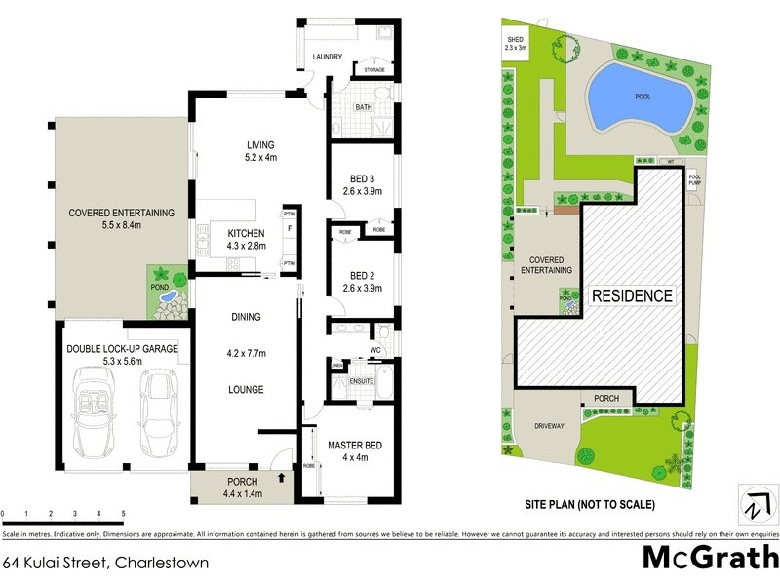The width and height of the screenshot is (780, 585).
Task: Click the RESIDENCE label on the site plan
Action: tap(633, 295)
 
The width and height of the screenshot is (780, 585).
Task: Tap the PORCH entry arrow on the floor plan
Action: tap(282, 479)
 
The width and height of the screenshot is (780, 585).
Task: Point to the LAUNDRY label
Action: tap(327, 58)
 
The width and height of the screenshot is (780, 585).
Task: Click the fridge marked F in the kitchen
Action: tap(290, 229)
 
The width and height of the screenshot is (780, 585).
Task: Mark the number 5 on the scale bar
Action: tap(123, 513)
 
